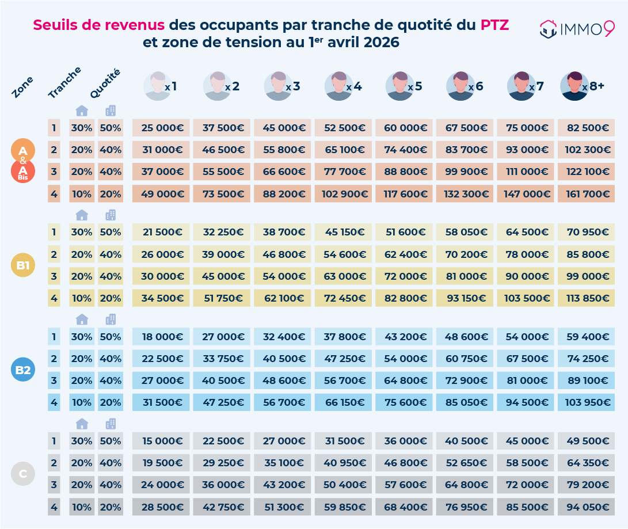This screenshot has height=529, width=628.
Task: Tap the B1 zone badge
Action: [23, 265]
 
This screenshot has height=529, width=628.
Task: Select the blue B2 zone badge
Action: [23, 370]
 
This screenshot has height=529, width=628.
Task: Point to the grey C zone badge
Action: [23, 474]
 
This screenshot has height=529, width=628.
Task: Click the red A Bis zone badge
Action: [23, 172]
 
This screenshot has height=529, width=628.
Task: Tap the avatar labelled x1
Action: [157, 86]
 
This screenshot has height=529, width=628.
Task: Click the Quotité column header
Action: [105, 83]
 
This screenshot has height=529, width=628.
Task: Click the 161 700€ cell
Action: [587, 193]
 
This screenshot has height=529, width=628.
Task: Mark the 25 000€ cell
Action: [161, 128]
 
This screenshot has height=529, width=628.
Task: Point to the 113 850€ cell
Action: [587, 298]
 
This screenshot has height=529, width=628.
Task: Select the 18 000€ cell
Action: [161, 337]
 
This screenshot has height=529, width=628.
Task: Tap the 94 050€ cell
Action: [587, 507]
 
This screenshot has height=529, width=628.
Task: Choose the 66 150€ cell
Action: [344, 402]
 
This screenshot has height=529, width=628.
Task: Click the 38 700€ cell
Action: [283, 233]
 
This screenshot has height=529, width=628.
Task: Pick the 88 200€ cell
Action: [283, 193]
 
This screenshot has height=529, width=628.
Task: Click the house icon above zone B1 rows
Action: [82, 215]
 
